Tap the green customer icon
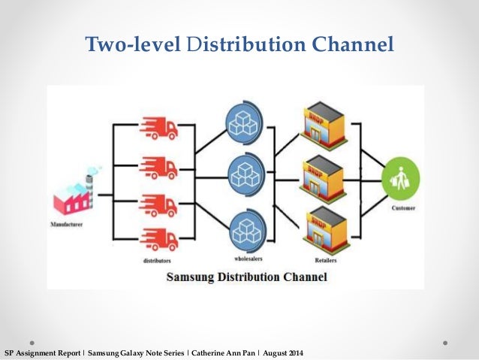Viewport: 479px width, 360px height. click(399, 180)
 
